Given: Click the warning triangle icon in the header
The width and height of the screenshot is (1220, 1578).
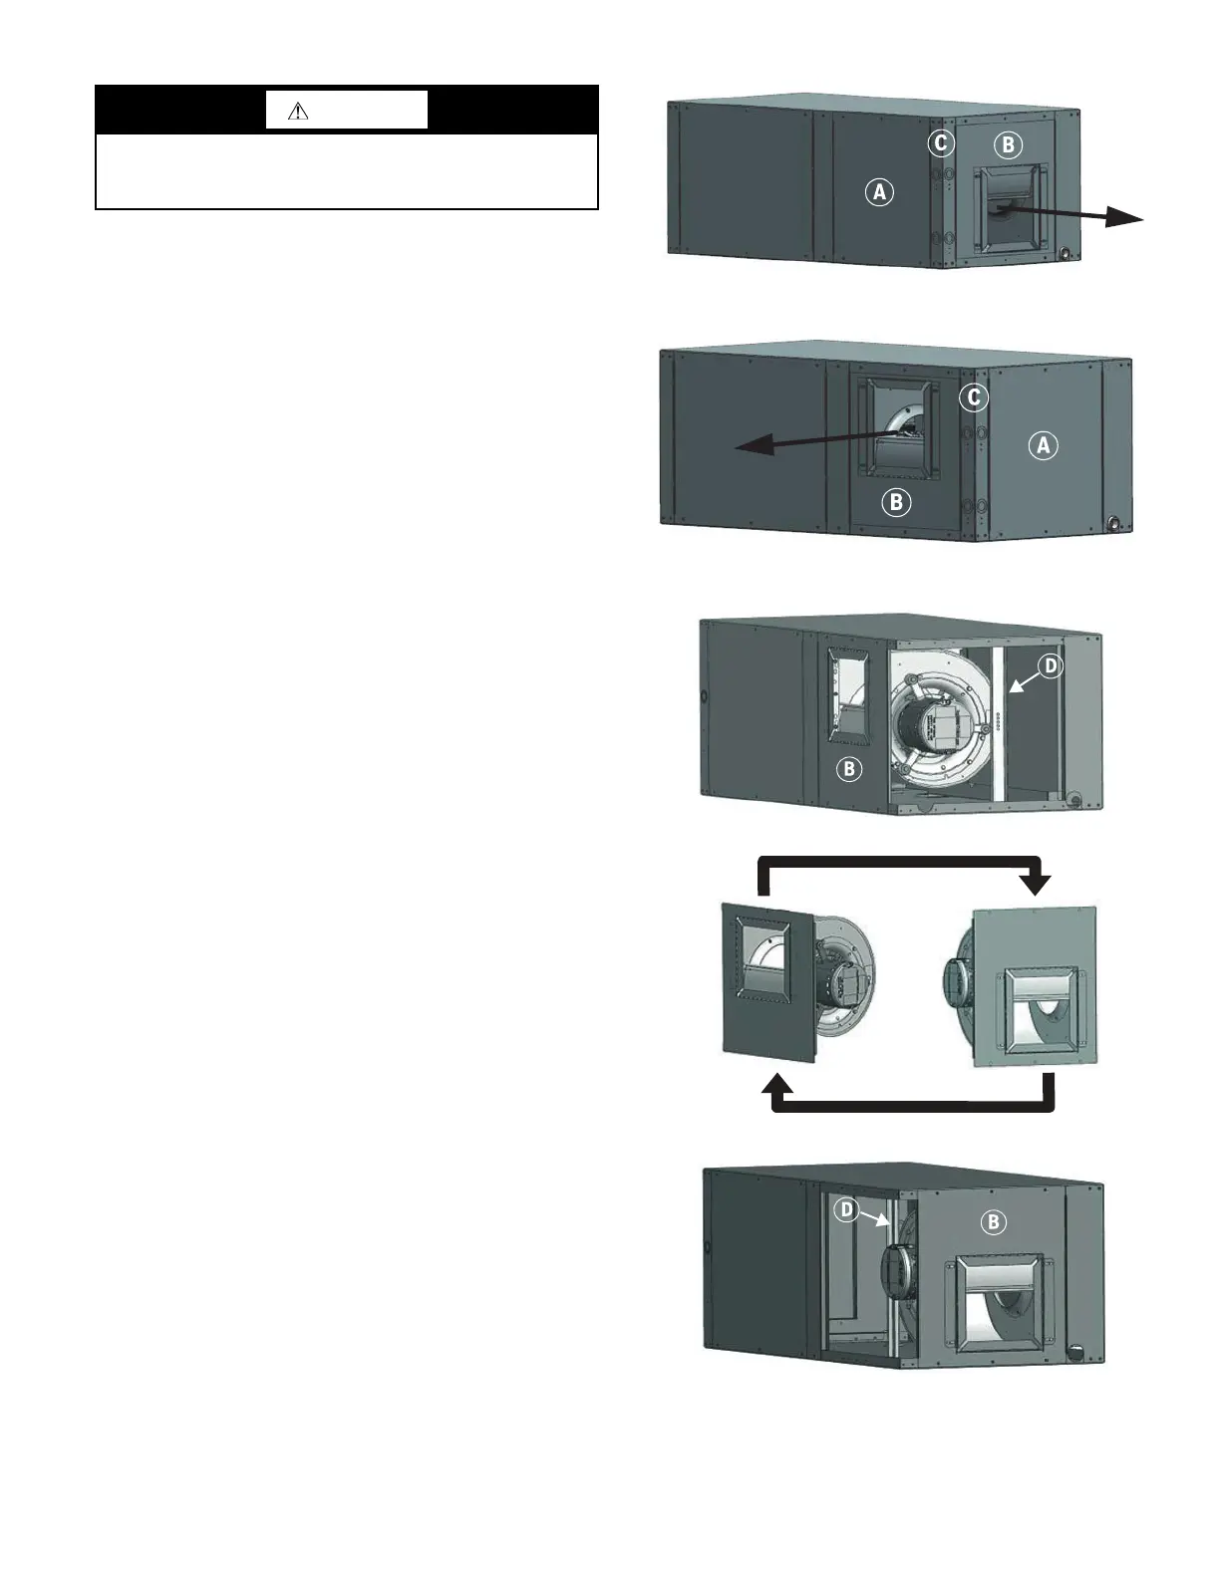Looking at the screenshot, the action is (x=297, y=112).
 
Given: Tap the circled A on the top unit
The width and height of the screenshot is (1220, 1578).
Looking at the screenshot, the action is (x=878, y=191).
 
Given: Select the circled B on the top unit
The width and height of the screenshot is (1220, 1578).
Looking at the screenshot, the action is (x=1008, y=145).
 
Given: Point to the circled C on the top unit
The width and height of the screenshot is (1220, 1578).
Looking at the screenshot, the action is (x=940, y=143).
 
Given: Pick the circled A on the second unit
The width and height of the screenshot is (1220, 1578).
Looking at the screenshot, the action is (x=1044, y=445).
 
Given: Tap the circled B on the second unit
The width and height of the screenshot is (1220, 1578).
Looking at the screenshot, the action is (x=896, y=502).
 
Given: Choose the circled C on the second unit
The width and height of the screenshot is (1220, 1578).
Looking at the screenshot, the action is (x=974, y=398).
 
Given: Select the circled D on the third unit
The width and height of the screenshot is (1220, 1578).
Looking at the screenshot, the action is (x=1051, y=665).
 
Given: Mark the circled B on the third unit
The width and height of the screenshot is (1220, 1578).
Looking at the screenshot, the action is (x=849, y=769).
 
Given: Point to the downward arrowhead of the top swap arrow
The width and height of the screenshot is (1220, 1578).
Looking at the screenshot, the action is (x=1039, y=883).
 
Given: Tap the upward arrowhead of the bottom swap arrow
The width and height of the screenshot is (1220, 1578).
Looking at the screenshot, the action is (x=776, y=1087).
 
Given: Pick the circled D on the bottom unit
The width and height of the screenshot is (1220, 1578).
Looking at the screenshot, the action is (x=846, y=1209).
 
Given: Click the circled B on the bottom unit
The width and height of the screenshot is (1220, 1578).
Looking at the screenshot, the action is (x=993, y=1221).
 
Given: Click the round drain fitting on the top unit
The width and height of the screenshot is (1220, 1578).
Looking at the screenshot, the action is (x=1068, y=254).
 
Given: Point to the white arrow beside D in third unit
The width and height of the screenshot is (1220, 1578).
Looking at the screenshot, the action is (x=1023, y=680).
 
